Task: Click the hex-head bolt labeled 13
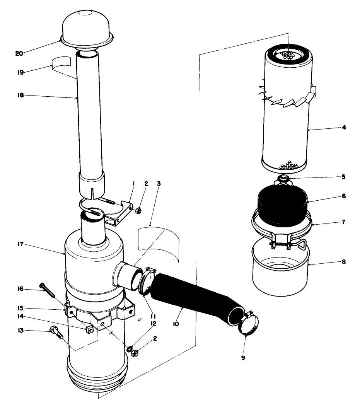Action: pos(56,333)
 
